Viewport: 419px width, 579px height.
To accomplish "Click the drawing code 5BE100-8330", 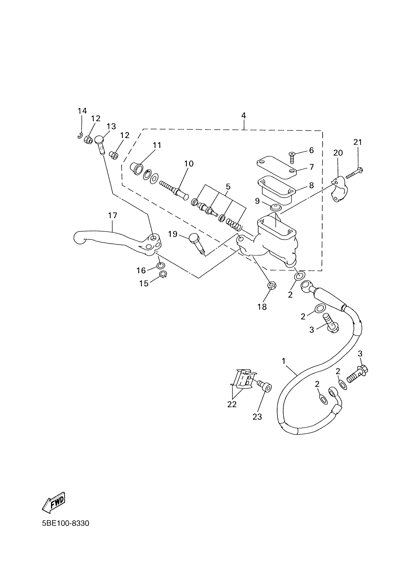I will coord(66,523).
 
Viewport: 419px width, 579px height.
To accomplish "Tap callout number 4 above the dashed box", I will coord(244,116).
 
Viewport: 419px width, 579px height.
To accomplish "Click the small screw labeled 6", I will coord(292,156).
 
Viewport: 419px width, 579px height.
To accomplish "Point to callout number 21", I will coord(358,142).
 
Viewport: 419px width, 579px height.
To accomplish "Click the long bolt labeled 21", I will coord(354,173).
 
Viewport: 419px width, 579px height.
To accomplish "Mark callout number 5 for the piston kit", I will coord(228,187).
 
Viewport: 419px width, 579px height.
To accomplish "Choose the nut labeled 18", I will coord(272,285).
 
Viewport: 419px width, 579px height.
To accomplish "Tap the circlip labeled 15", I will coord(163,274).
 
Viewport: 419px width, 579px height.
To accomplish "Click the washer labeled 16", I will coord(160,266).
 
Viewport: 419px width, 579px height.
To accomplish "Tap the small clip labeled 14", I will coord(80,136).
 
